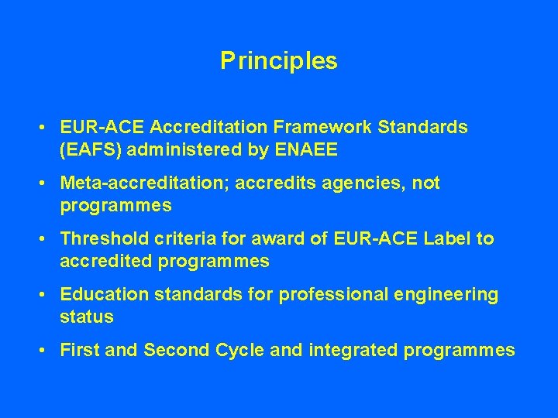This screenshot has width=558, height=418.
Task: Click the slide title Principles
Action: [279, 60]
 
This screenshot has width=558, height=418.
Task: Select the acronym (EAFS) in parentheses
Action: [88, 149]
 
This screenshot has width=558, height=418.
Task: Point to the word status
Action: [86, 317]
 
